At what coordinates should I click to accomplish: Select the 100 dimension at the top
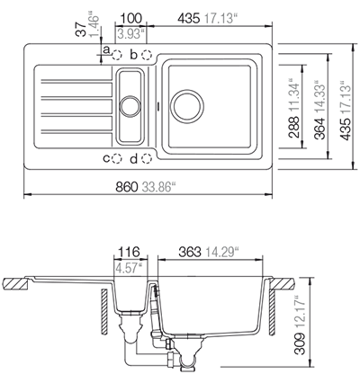[x=132, y=16]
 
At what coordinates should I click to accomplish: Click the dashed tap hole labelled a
[x=116, y=57]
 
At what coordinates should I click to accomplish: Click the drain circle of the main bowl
[x=192, y=102]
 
